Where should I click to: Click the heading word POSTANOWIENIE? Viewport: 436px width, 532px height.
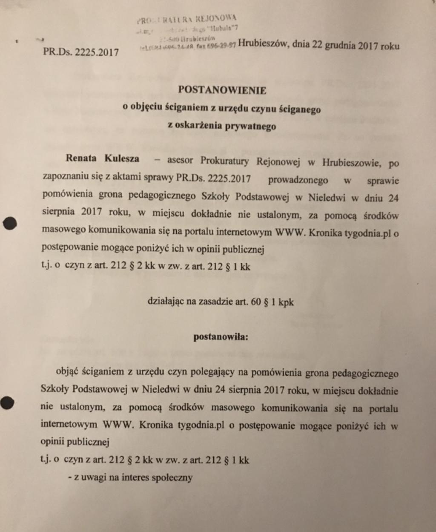[x=222, y=90]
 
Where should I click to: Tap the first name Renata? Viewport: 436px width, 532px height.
[x=81, y=158]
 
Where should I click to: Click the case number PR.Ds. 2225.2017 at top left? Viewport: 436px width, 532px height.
[x=81, y=52]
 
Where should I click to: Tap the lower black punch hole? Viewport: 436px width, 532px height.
[x=7, y=402]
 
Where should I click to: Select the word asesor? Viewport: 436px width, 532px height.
[x=182, y=161]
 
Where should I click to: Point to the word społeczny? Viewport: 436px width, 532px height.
[x=172, y=477]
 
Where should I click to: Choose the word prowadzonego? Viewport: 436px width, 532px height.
[x=298, y=180]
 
